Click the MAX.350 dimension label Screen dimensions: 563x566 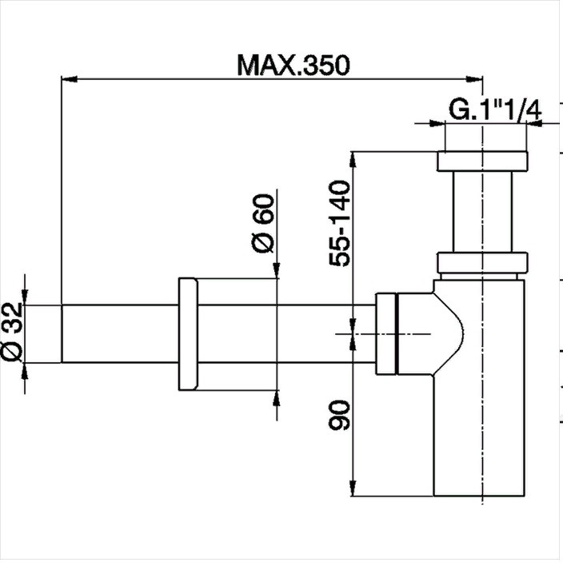click(293, 66)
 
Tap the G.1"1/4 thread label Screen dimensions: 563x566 click(495, 110)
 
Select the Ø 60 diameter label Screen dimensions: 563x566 click(263, 223)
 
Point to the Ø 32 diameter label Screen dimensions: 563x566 click(12, 333)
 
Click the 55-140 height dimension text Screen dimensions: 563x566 click(339, 224)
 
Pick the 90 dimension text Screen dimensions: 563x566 click(339, 416)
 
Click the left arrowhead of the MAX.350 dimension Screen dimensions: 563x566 click(70, 79)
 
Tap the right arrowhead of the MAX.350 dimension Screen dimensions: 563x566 click(474, 79)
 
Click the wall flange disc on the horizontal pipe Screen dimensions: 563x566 click(188, 334)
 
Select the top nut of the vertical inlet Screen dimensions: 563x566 click(482, 161)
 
